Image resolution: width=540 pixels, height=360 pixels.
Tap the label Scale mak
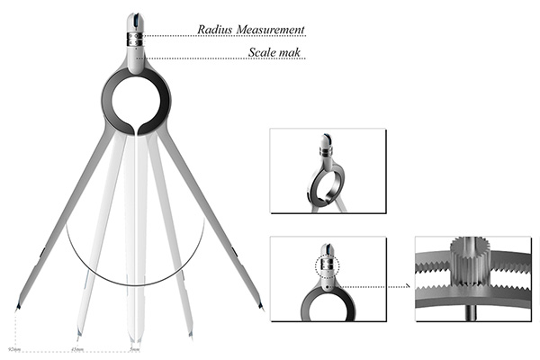click(x=275, y=53)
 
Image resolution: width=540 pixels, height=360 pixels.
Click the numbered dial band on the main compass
click(x=135, y=40)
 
